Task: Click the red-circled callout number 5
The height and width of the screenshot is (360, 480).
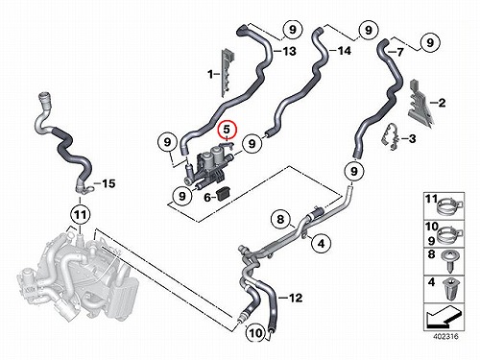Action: tap(227, 130)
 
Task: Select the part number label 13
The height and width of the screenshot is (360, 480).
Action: tap(289, 51)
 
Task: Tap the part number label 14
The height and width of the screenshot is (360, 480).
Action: tap(345, 51)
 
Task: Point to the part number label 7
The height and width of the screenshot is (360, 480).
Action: tap(399, 52)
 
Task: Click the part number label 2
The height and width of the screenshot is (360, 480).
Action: tap(442, 103)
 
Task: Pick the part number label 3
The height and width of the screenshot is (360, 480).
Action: tap(413, 138)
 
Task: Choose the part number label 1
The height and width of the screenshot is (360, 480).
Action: tap(210, 75)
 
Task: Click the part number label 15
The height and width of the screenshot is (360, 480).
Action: tap(108, 183)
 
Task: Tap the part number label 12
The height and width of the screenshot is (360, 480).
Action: tap(296, 298)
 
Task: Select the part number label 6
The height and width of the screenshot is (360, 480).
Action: tap(207, 198)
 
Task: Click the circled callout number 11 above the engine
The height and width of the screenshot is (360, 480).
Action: tap(80, 214)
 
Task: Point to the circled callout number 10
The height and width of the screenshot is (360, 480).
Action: tap(255, 333)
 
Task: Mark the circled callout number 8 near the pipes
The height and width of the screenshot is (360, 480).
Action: tap(280, 219)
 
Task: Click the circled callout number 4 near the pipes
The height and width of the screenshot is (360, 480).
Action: tap(321, 243)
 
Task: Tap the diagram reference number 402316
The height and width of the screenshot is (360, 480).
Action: tap(445, 336)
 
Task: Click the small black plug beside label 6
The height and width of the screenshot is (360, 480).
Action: tap(223, 194)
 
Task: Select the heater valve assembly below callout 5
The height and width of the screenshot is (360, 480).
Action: tap(209, 166)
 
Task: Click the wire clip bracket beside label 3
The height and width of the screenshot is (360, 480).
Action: tap(392, 136)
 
